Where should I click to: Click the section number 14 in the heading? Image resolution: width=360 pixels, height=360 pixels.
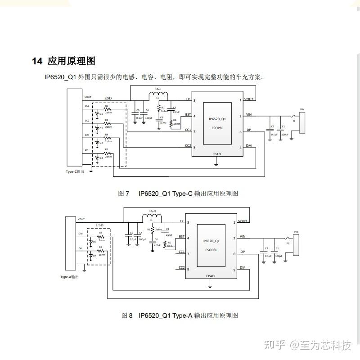(37, 61)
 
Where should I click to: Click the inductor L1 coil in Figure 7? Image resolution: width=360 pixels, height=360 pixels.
(158, 95)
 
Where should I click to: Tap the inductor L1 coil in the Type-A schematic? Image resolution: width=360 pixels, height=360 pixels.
(151, 218)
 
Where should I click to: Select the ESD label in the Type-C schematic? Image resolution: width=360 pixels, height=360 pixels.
(108, 98)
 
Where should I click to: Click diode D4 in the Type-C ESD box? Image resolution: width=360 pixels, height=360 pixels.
(96, 157)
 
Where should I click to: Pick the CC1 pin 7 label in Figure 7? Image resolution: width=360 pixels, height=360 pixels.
(188, 130)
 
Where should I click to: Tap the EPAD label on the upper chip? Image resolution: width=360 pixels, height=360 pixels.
(216, 154)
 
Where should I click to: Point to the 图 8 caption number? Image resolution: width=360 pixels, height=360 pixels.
(127, 315)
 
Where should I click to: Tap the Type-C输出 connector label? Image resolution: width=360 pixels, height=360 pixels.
(75, 171)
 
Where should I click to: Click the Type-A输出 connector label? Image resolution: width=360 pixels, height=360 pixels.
(69, 277)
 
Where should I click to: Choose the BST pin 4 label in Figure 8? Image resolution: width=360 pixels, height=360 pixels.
(182, 237)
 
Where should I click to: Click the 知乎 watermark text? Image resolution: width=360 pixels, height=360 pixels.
(274, 346)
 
